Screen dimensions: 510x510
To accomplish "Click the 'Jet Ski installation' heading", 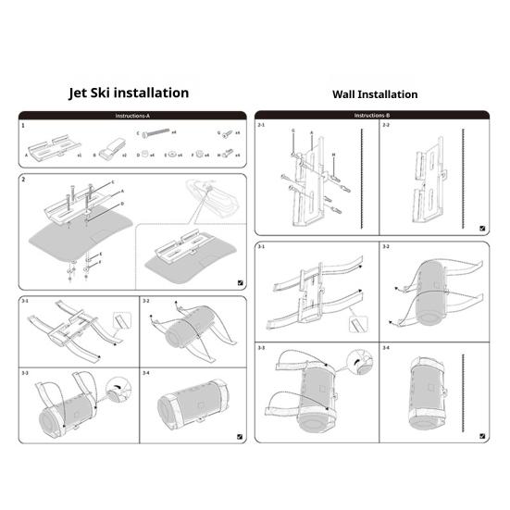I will (x=129, y=93).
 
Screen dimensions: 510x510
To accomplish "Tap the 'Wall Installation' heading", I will (x=375, y=94).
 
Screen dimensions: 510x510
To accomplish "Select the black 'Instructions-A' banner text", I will (x=132, y=116).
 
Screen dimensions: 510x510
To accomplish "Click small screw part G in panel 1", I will (x=226, y=133).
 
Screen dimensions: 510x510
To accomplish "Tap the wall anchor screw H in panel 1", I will (x=227, y=155).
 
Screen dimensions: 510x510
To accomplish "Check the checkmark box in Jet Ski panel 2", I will (x=240, y=283).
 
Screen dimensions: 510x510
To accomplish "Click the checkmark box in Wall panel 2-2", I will (x=484, y=227).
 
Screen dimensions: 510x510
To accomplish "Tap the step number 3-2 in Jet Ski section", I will (x=147, y=302).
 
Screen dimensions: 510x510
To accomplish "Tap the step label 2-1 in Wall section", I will (x=262, y=125).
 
